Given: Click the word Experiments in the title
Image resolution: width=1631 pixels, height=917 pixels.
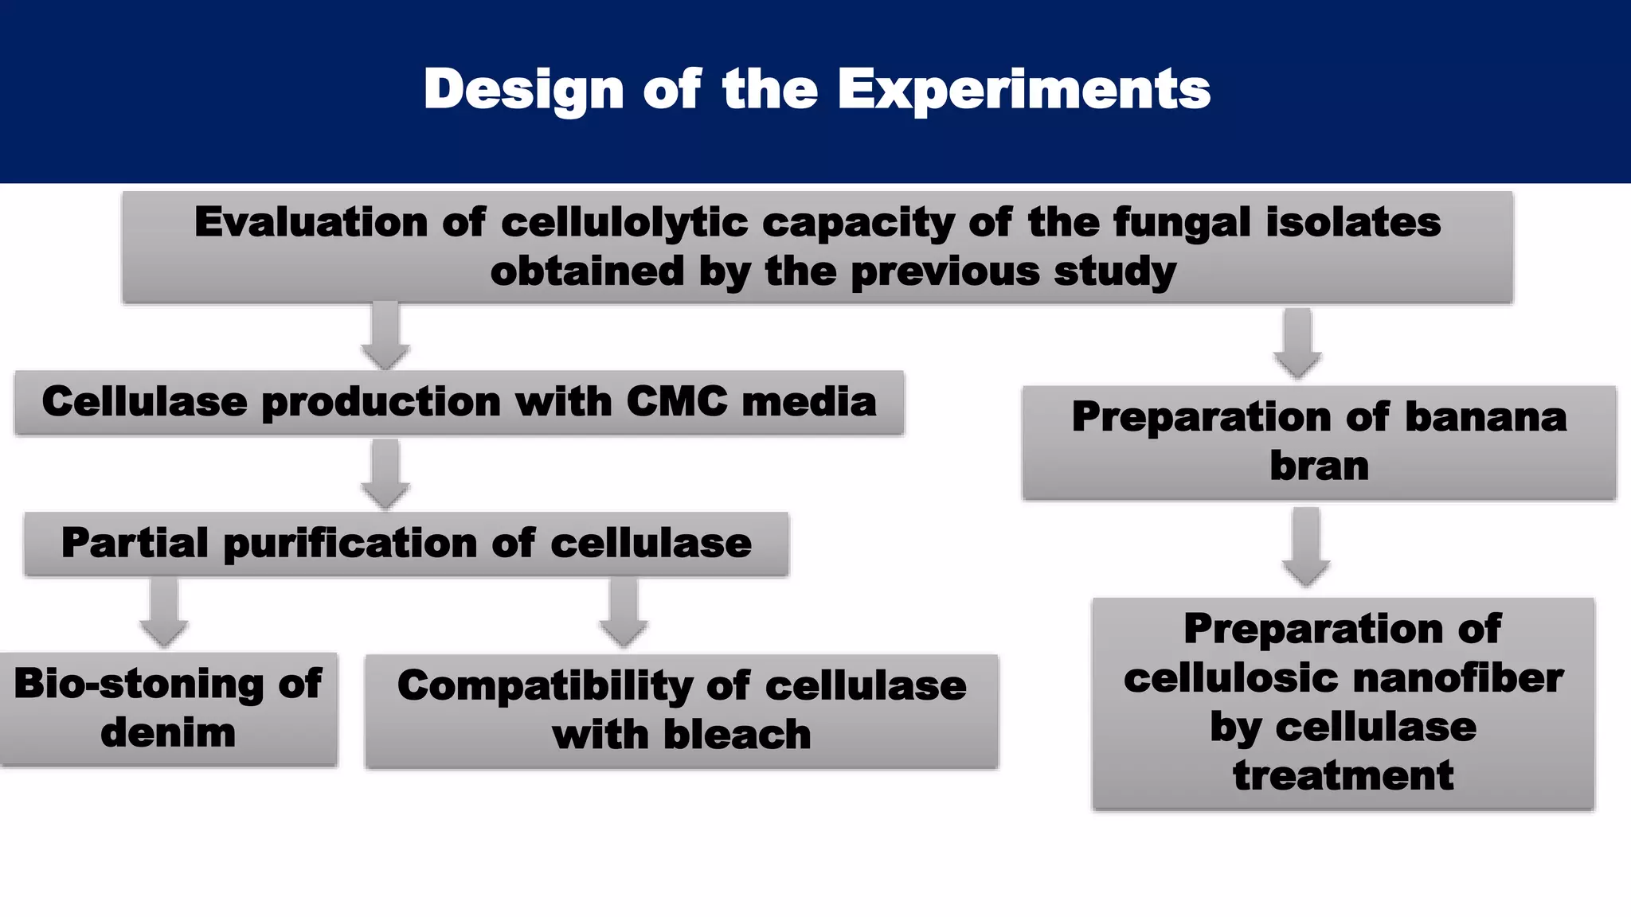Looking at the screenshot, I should pos(1023,89).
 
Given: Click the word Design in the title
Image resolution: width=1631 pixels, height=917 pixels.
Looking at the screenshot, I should pos(523,89).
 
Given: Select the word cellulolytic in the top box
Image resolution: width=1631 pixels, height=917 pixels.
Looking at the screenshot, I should pos(624,222).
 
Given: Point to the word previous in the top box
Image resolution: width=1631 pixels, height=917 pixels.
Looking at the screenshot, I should pos(945,271).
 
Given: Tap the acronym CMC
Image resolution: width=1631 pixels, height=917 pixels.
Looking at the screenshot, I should pos(676,401).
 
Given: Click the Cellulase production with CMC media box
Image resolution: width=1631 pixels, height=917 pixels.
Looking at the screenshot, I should pos(459,403).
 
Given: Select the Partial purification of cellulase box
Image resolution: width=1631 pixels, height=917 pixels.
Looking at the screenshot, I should pos(406,544).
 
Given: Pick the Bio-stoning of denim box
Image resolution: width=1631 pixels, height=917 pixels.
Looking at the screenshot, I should pos(168,709).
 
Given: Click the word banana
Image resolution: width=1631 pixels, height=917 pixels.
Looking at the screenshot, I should pos(1484,417).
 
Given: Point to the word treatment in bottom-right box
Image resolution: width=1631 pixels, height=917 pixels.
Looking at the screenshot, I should pos(1343,775).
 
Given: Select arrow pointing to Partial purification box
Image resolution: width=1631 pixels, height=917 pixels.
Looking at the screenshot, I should pos(385,474).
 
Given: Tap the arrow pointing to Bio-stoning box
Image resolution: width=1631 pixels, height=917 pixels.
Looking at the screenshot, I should pos(164,613).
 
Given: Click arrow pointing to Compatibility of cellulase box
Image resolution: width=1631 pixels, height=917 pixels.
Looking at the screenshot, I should pos(623,613).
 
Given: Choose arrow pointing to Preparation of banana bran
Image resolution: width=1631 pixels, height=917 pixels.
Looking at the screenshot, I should pos(1297,344).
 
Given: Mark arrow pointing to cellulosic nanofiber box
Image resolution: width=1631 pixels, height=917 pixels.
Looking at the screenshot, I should pos(1305,548).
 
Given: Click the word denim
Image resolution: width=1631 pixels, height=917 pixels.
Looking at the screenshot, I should pos(168,733).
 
